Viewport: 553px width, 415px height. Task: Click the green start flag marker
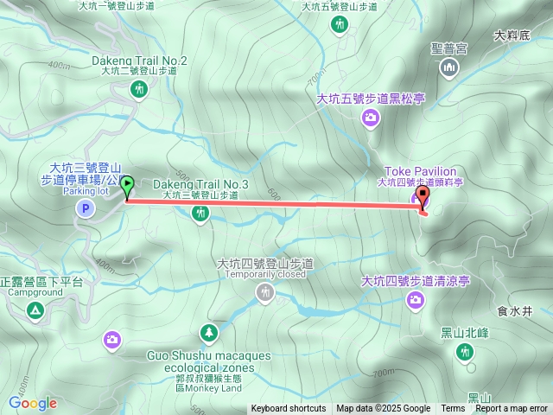[128, 184]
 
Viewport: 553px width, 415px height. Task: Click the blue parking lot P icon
[85, 207]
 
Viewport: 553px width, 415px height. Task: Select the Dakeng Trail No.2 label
[139, 61]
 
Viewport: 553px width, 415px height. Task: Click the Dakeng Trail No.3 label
[200, 184]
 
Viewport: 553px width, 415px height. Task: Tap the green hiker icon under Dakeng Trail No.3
[200, 213]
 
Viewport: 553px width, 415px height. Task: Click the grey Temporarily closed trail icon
[264, 293]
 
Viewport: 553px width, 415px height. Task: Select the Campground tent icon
[35, 310]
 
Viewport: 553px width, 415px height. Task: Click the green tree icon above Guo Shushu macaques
[209, 333]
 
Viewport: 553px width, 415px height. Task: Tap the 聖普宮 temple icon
[448, 67]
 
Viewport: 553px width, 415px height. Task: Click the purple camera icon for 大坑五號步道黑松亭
[370, 118]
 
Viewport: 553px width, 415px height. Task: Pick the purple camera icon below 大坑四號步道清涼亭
[416, 299]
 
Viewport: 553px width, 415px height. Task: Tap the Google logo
[32, 403]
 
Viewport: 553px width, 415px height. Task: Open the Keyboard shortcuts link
[289, 409]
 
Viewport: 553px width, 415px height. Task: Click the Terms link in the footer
[453, 409]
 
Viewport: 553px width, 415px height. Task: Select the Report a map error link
[512, 409]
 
